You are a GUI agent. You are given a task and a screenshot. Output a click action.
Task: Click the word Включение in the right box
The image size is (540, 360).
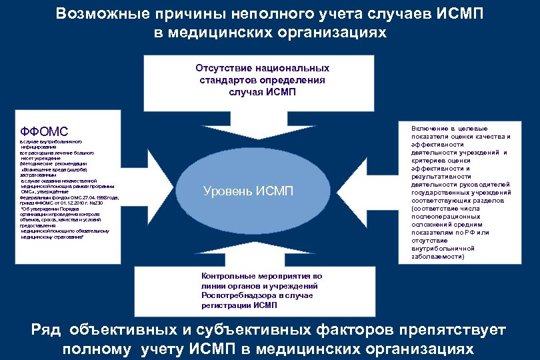pyautogui.click(x=431, y=128)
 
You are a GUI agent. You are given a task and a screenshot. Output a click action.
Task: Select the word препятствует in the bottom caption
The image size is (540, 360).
pyautogui.click(x=453, y=330)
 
